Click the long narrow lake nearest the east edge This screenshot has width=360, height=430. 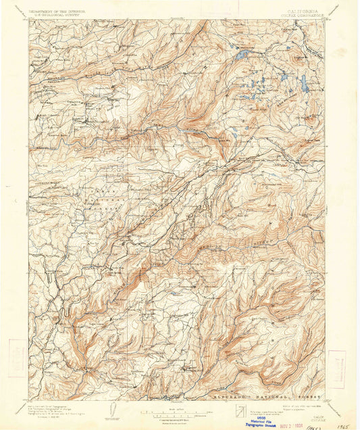click(304, 83)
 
